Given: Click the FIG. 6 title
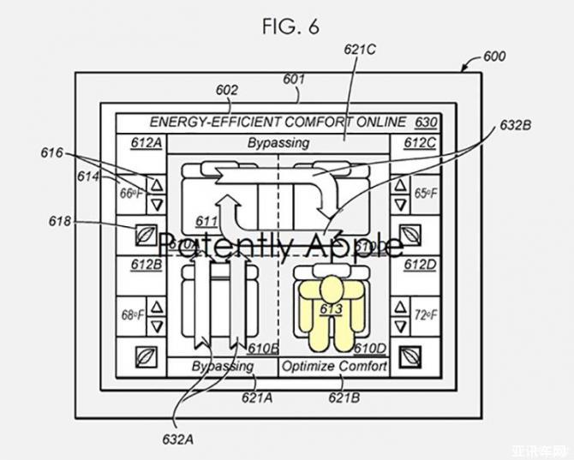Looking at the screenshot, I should coord(290,27).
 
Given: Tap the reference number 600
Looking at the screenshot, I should coord(494,57).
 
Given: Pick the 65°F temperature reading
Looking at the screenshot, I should coord(426,194).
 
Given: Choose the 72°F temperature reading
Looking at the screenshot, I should coord(426,315).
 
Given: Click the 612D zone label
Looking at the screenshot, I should coord(421,265).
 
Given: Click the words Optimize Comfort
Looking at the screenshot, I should coord(335,367).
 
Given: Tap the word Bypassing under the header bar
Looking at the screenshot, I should coord(278,142).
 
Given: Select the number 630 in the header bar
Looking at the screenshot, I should coord(425,122).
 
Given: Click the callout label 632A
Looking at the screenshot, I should coord(179,439).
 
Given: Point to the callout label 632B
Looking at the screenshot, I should coord(516,125).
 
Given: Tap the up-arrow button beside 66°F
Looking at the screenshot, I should coord(156,182).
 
